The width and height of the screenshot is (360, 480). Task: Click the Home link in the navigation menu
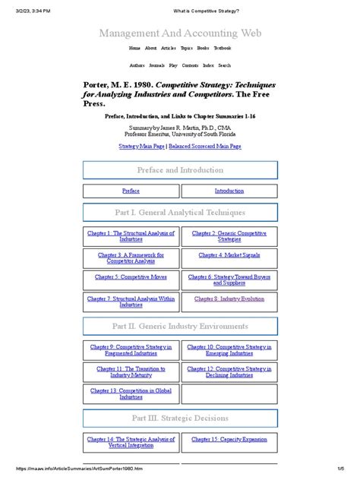click(x=134, y=48)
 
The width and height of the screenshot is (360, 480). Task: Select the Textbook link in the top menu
click(x=221, y=48)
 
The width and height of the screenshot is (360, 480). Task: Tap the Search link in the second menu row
click(x=225, y=65)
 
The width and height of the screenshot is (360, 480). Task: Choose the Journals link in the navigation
click(x=157, y=65)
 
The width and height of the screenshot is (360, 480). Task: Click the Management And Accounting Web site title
click(x=180, y=33)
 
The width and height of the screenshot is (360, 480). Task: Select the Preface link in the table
click(x=131, y=191)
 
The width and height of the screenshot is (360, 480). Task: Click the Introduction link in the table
click(x=229, y=191)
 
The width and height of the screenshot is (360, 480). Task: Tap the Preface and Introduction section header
click(x=180, y=170)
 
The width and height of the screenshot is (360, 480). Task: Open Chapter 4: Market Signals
click(x=229, y=256)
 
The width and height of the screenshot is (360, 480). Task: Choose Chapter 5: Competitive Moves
click(x=131, y=277)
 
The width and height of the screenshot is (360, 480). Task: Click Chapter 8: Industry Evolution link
click(x=229, y=299)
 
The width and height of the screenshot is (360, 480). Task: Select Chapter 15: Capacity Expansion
click(x=229, y=439)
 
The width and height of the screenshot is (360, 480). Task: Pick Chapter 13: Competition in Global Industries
click(x=131, y=393)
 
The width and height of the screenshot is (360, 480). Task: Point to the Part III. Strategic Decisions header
click(x=180, y=418)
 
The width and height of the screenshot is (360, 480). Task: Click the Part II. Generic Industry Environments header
click(x=180, y=327)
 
